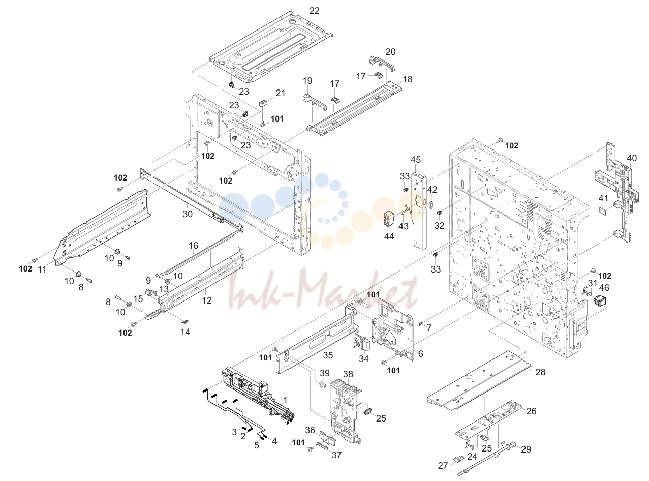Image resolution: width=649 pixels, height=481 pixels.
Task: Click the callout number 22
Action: [x=315, y=11]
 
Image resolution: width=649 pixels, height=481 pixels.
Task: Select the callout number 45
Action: [x=416, y=160]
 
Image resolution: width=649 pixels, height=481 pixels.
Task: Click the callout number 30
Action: [x=188, y=214]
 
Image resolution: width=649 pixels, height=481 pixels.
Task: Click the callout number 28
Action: [x=540, y=372]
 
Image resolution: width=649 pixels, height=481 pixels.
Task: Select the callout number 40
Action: [x=631, y=158]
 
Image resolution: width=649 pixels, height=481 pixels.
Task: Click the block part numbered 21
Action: [x=264, y=103]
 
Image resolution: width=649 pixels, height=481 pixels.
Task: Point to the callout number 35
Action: [x=328, y=355]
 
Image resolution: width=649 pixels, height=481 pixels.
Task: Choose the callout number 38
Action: [x=348, y=374]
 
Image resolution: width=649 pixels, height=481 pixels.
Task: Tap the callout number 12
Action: [x=206, y=300]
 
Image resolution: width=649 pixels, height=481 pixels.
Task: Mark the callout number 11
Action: [x=42, y=269]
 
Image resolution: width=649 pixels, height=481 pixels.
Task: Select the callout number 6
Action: [x=420, y=354]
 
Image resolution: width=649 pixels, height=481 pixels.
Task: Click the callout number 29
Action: [x=526, y=449]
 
